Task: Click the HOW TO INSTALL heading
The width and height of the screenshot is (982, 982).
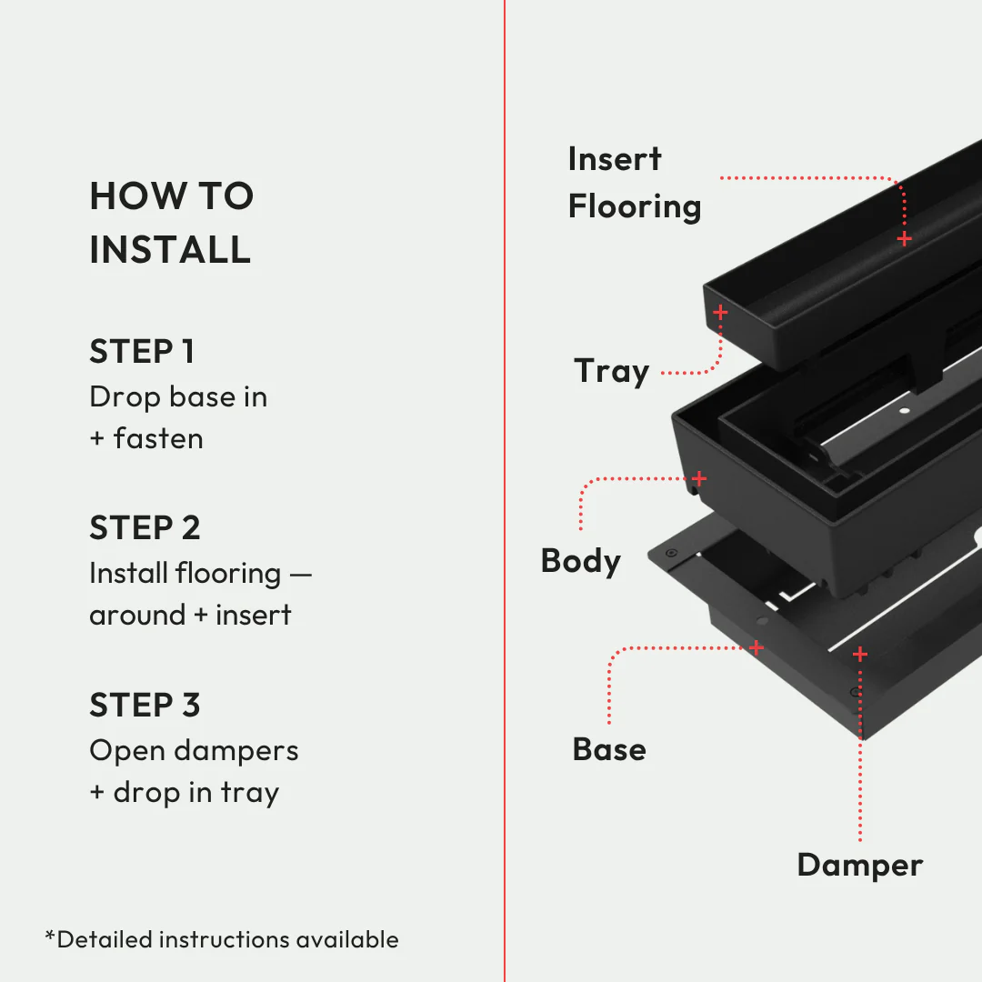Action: point(171,223)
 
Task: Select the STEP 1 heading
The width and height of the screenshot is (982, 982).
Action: point(142,352)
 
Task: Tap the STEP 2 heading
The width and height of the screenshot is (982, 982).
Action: point(145,528)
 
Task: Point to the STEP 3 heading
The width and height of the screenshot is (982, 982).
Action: point(145,706)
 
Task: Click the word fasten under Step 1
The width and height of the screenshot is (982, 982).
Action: point(158,438)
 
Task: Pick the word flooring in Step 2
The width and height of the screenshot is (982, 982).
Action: point(228,574)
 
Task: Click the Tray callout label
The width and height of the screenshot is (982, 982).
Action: point(611,372)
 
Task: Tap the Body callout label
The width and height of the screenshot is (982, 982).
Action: point(580,560)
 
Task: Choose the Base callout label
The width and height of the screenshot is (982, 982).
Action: point(609,749)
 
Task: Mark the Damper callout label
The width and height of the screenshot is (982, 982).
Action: point(859,865)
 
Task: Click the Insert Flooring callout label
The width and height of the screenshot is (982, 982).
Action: point(634,183)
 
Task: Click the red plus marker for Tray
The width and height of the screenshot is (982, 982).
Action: point(720,312)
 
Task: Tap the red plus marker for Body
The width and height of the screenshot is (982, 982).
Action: point(699,478)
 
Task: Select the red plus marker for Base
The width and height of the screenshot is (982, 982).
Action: point(756,647)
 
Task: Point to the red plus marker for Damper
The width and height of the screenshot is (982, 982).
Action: point(859,654)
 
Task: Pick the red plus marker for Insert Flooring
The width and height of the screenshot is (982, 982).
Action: point(904,238)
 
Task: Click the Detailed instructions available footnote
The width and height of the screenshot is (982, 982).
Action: point(222,939)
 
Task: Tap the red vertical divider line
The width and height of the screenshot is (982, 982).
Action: point(505,491)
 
